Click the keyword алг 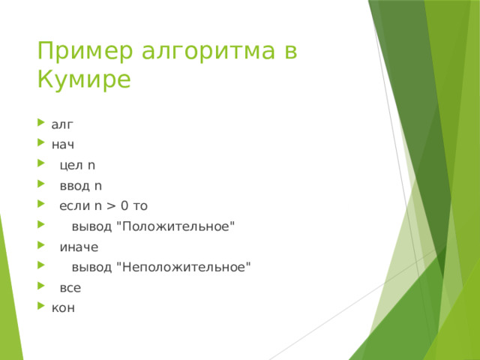(62, 124)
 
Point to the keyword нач (63, 145)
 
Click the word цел (71, 165)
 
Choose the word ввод (75, 186)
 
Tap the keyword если (75, 206)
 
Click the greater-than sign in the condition (111, 206)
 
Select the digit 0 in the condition (124, 205)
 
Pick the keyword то (140, 206)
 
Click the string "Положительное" (175, 226)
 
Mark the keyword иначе (79, 247)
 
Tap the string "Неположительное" (184, 267)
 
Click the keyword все (70, 288)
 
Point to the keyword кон (63, 308)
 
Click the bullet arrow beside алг (41, 123)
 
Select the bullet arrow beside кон (41, 305)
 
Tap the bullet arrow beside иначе (41, 245)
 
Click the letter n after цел (91, 166)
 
